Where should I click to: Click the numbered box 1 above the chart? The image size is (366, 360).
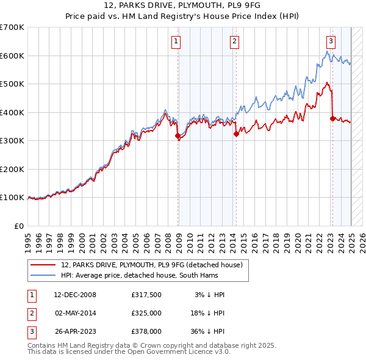(x=176, y=41)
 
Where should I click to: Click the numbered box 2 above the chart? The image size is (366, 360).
(x=234, y=41)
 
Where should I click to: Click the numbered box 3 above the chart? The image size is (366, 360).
(x=331, y=41)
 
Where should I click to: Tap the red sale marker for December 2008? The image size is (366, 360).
(x=178, y=136)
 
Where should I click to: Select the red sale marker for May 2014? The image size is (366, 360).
(x=236, y=134)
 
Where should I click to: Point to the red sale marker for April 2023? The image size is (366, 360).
(x=332, y=119)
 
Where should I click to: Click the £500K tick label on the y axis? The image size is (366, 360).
(x=12, y=84)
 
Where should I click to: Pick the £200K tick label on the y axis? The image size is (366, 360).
(x=12, y=169)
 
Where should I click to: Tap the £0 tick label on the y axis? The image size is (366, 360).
(x=19, y=226)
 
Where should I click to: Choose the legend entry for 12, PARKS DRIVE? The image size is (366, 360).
(x=152, y=265)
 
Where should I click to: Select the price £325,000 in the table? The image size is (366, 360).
(x=146, y=313)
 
